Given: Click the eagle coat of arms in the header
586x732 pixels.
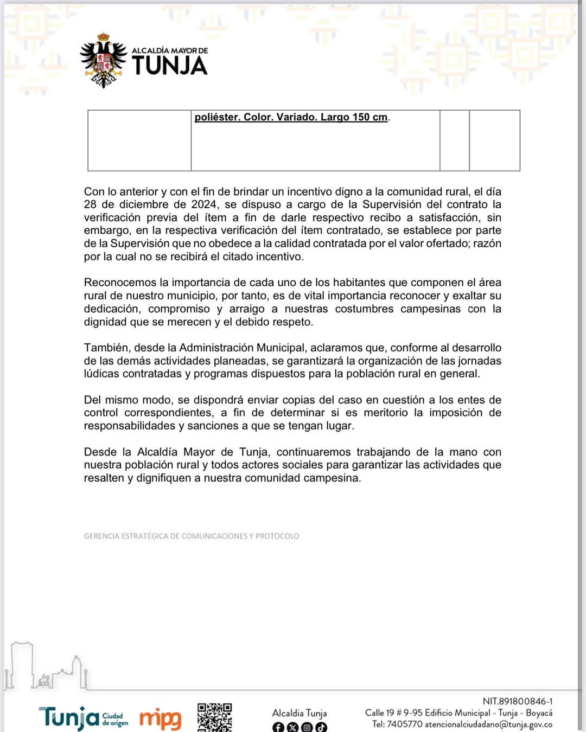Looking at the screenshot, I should (x=103, y=61).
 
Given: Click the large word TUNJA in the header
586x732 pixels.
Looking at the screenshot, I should (x=170, y=66).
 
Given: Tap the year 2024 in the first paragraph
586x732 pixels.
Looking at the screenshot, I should (x=203, y=204).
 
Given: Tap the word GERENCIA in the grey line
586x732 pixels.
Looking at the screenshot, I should (x=101, y=536).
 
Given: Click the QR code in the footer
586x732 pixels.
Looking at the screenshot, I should (x=214, y=717).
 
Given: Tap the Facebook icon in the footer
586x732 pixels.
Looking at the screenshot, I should (x=278, y=727).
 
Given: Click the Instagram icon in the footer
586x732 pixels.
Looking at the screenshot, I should (x=307, y=727).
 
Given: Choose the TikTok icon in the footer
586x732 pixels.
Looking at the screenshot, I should (x=321, y=727).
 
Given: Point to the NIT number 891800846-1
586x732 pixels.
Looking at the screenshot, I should (x=518, y=702).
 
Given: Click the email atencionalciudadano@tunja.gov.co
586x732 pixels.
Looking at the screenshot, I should (x=488, y=724).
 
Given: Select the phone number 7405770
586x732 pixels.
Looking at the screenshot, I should (x=404, y=724).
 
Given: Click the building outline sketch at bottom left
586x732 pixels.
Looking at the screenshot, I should (x=46, y=668).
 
